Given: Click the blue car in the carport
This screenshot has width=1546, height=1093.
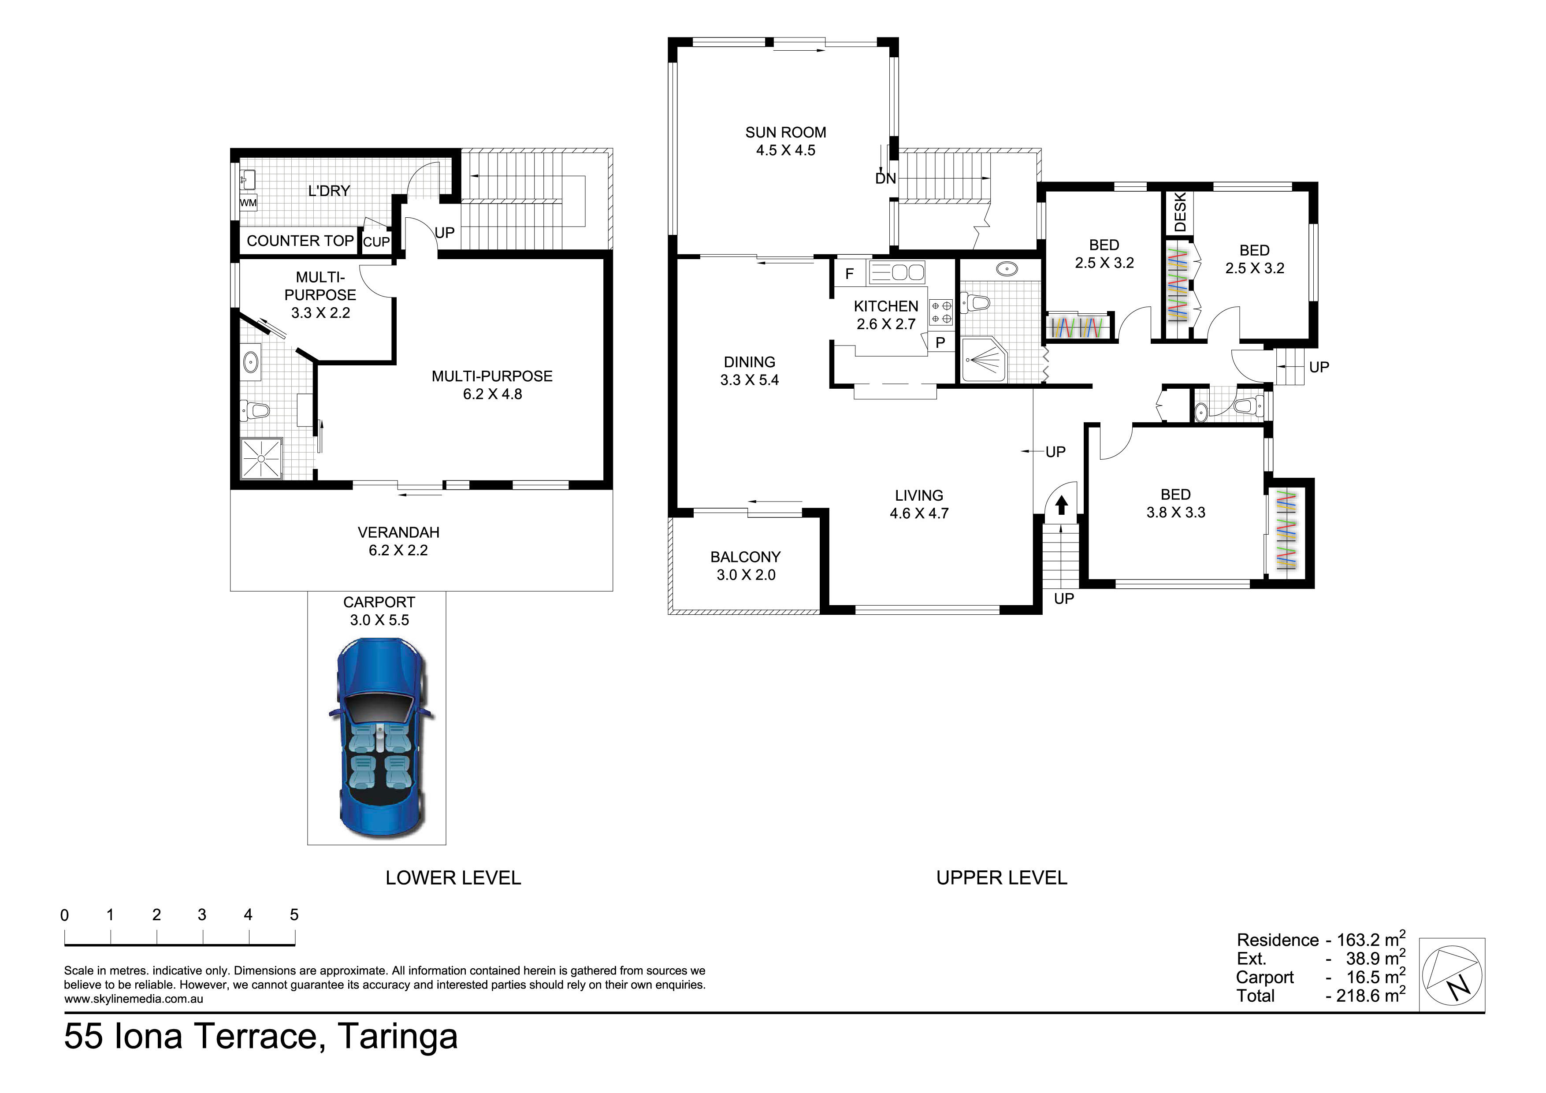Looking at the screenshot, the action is point(380,739).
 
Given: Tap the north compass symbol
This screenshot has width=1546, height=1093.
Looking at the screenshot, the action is point(1453,974).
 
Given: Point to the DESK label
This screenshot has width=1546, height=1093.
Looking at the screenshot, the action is point(1180,212).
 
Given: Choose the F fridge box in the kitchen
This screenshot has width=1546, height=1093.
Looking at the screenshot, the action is point(850,273).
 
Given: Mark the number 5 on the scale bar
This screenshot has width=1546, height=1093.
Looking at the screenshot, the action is point(294,915).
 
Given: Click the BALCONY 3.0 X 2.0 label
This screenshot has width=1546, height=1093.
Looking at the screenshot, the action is point(745,566).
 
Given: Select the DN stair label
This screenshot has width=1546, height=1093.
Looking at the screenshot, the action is point(885,178).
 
